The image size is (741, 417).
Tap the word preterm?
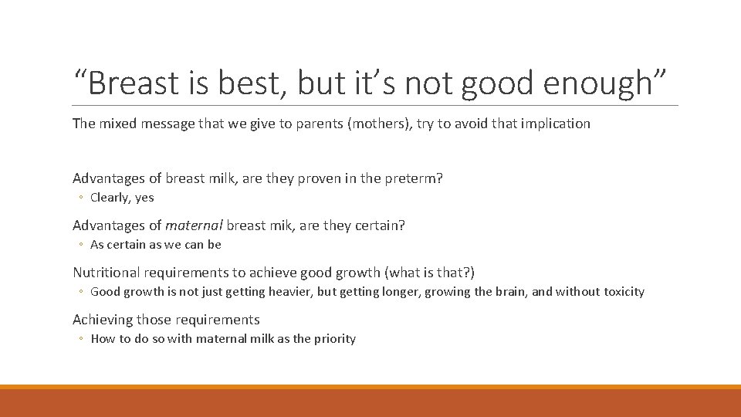pos(414,178)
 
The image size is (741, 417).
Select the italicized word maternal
pos(194,225)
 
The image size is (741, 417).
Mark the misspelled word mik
pos(278,225)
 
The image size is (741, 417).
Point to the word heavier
pos(286,292)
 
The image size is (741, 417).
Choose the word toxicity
pos(623,292)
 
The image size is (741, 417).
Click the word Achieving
pos(103,320)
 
